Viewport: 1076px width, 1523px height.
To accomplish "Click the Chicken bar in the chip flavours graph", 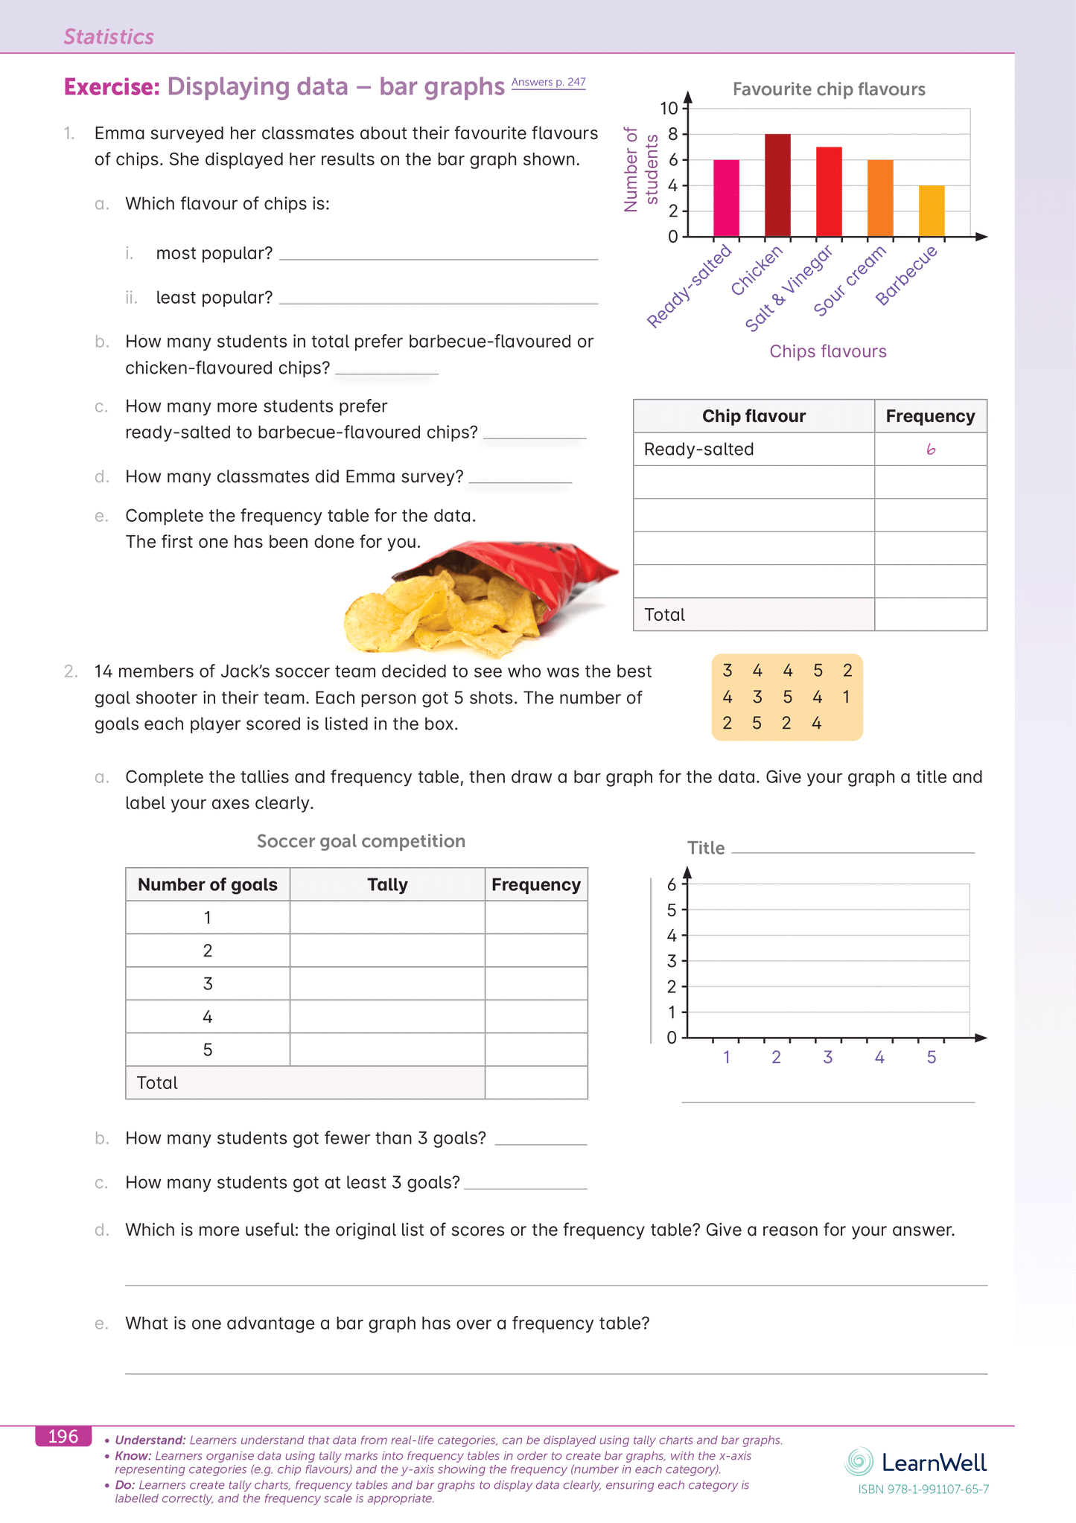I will [x=777, y=185].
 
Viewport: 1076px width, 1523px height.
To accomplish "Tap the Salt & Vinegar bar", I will [x=829, y=191].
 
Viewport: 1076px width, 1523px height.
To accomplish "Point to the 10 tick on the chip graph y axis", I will [x=669, y=109].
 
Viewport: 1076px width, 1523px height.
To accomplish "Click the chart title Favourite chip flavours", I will [x=829, y=89].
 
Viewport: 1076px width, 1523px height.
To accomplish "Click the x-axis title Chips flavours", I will [x=828, y=351].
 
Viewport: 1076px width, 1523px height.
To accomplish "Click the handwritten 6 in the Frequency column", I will [x=931, y=450].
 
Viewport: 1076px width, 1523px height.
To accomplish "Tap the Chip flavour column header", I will [x=754, y=416].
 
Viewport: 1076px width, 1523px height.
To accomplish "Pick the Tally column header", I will [x=387, y=884].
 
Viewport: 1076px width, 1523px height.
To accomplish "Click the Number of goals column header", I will [x=207, y=884].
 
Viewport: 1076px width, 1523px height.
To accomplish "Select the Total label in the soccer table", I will [x=157, y=1082].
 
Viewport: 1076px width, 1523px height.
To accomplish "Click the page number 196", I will [x=63, y=1436].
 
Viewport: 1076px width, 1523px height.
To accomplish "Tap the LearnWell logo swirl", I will [x=859, y=1461].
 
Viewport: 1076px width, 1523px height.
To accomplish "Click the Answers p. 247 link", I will [x=548, y=82].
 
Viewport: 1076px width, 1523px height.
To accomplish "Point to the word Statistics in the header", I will [x=109, y=36].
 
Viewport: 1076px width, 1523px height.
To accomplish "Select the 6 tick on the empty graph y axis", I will [x=672, y=884].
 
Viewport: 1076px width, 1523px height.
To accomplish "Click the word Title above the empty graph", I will [x=705, y=848].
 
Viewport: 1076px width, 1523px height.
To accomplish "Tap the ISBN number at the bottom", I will [x=923, y=1490].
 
